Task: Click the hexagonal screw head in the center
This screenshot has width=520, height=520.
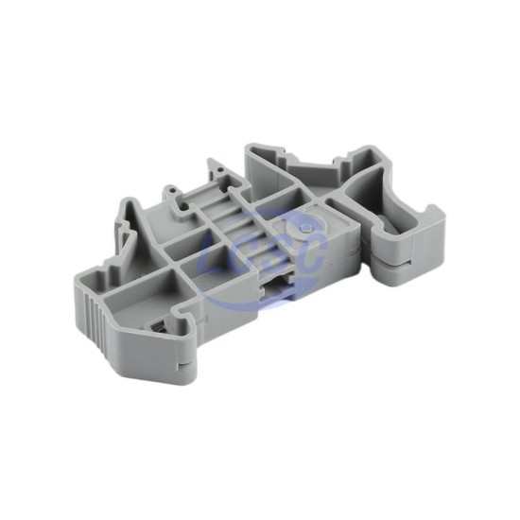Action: click(304, 228)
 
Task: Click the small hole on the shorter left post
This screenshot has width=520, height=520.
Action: click(171, 191)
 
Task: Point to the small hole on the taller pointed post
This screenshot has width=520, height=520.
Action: click(220, 170)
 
